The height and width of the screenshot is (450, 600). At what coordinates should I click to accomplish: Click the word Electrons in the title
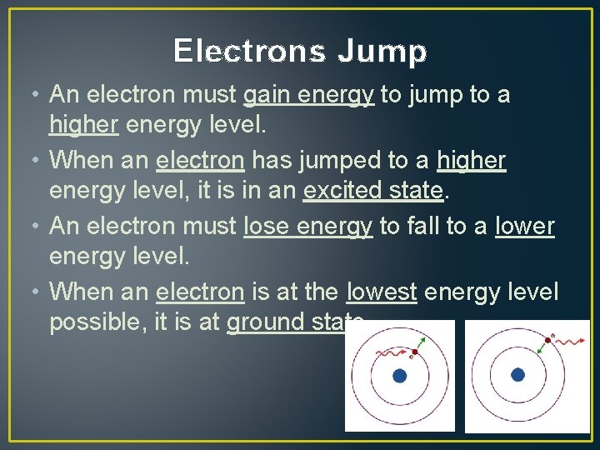pos(247,52)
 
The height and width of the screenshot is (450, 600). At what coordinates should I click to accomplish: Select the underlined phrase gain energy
pos(307,96)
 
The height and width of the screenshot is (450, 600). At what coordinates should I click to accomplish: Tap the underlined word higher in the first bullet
pos(83,126)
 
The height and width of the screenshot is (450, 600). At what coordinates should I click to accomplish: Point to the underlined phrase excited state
pos(372,191)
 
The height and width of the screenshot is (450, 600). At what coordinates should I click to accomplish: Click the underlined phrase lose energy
pos(307,226)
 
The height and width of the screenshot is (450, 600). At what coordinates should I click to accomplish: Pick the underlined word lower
pos(524,226)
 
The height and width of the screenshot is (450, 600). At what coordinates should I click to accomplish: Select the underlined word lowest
pos(381,291)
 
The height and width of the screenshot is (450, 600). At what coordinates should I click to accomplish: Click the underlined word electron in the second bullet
pos(200,160)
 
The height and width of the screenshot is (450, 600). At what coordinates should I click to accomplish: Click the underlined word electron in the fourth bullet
pos(200,291)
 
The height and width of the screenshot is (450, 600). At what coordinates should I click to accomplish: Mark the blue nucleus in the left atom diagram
pos(399,376)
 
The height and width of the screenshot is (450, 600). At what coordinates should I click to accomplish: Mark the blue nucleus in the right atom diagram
pos(517,375)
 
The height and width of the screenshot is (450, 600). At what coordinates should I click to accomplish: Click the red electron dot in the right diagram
pos(547,340)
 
